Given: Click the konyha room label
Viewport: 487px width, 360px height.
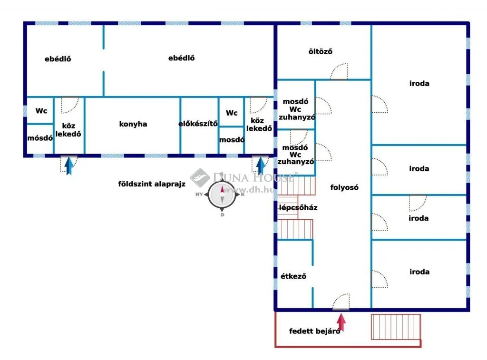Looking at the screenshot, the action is pos(133,124).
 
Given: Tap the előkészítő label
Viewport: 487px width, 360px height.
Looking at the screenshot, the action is pos(198,124).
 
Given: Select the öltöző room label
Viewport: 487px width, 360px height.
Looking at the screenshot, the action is pos(320,51).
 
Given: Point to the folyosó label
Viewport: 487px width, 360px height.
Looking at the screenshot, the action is pos(344,187).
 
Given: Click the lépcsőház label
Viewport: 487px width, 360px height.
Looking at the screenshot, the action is pos(298,207).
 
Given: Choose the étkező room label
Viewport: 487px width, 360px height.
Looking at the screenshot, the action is pos(293,276).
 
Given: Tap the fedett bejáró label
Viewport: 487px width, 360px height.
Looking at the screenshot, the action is pos(315,331).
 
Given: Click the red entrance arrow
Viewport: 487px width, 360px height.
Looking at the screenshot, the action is pos(341,322).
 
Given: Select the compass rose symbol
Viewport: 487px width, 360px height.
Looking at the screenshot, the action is pos(222,195).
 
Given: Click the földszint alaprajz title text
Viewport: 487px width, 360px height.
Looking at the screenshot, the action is pos(152,184).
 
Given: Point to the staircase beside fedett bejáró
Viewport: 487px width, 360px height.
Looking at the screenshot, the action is pos(396,327).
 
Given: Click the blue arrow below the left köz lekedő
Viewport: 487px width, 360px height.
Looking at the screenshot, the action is pos(69,165).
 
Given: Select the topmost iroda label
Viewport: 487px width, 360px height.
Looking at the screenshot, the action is pos(419,84).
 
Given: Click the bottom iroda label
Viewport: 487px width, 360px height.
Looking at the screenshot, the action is pos(419,272).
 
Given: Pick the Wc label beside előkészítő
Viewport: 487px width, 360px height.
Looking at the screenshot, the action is pos(232,113).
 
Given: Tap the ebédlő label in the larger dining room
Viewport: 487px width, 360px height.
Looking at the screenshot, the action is pos(181,58).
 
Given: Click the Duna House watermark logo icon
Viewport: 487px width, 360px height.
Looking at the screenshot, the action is pos(200,177).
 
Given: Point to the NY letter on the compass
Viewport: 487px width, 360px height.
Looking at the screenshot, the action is pos(199,195).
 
